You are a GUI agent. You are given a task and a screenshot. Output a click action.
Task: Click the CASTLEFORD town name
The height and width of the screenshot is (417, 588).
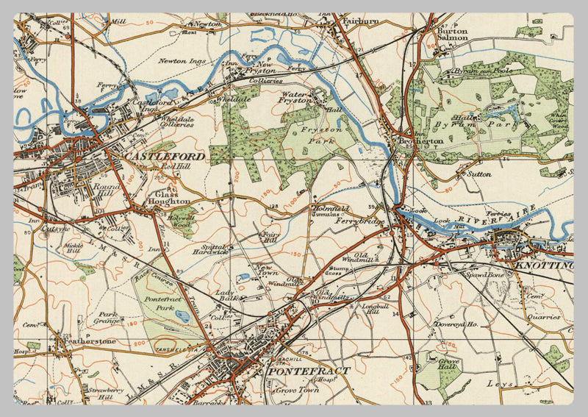[165, 157]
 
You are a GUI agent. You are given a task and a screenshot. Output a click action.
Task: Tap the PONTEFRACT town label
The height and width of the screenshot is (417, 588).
[308, 371]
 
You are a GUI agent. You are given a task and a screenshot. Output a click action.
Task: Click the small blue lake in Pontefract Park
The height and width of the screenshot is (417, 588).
[182, 316]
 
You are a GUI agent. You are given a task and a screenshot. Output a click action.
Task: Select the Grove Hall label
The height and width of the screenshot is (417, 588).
[449, 365]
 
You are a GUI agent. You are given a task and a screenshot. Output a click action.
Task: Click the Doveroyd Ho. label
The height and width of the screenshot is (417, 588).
[456, 324]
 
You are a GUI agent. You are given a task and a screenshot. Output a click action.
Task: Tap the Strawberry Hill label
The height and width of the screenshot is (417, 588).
[103, 394]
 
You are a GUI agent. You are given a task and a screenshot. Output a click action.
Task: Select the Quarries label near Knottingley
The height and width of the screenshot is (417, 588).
[543, 317]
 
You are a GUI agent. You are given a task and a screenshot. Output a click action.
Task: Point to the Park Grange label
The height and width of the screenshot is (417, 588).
[109, 318]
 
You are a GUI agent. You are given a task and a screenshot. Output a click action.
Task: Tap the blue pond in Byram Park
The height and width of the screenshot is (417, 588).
[508, 113]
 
